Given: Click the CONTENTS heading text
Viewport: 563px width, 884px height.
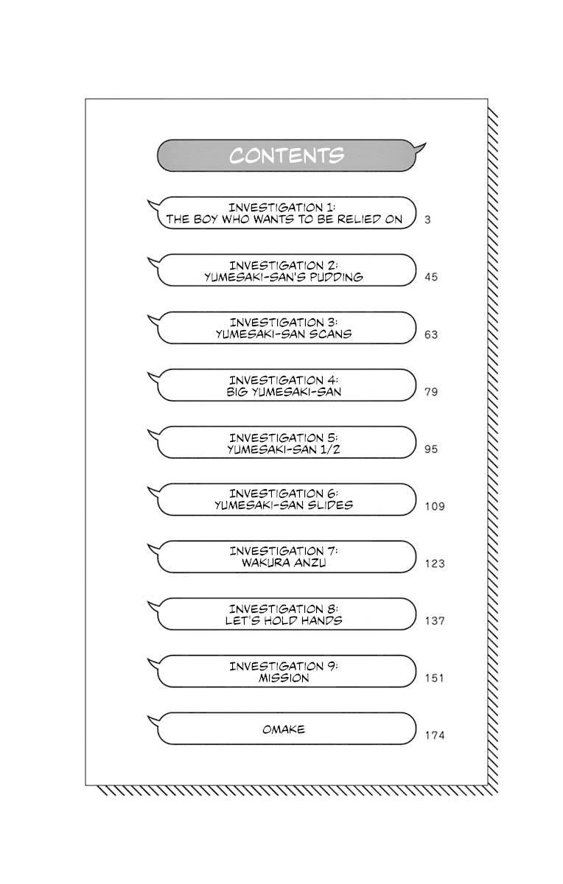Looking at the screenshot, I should click(x=286, y=156).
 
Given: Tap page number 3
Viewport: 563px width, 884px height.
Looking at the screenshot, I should click(x=428, y=220).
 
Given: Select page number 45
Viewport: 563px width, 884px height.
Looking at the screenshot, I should click(x=431, y=277).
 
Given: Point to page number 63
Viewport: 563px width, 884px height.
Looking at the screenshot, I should click(x=431, y=334).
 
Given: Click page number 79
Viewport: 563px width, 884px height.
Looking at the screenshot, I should click(x=431, y=392).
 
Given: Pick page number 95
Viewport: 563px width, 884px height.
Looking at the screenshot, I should click(x=431, y=449).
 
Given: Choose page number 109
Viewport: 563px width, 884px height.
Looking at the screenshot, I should click(x=435, y=507).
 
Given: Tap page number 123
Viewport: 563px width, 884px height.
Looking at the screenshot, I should click(x=435, y=564).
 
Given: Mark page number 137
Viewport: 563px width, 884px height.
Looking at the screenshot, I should click(x=435, y=621).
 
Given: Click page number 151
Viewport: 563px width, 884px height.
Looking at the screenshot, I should click(x=435, y=678).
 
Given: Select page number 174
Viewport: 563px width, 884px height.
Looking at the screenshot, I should click(x=435, y=735).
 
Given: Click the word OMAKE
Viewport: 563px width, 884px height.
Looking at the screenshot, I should click(x=284, y=729).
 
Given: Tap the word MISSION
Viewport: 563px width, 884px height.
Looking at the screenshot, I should click(x=284, y=678).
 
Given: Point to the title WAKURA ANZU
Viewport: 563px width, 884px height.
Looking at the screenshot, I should click(x=284, y=563).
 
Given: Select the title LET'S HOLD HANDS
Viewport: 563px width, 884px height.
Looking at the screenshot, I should click(x=284, y=620).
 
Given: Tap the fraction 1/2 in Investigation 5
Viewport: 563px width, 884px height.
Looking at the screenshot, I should click(x=340, y=449).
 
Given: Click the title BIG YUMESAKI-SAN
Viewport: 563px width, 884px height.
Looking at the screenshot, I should click(x=284, y=391).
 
